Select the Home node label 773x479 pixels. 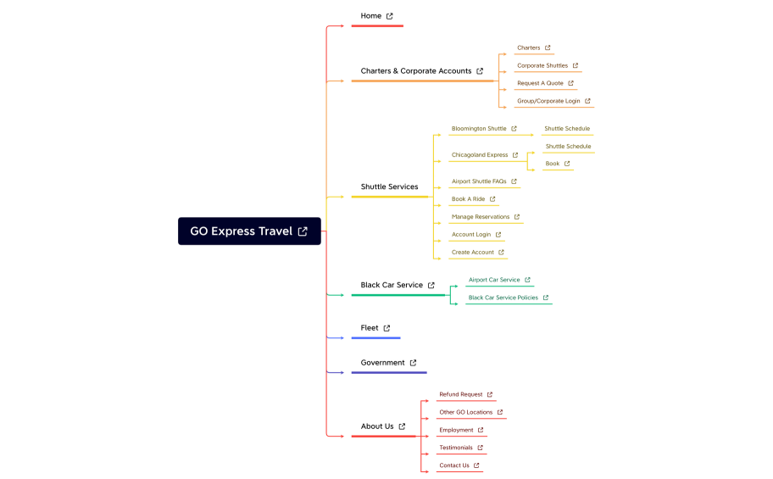tap(371, 16)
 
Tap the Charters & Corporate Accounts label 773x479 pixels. tap(415, 71)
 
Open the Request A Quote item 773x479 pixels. tap(540, 83)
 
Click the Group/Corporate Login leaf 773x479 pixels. tap(548, 101)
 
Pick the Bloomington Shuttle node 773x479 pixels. tap(479, 129)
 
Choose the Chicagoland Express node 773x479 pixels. tap(480, 155)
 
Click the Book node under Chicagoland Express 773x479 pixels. tap(553, 164)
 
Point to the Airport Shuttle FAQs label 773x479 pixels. tap(479, 181)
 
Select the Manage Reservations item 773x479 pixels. tap(481, 217)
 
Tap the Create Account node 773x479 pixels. tap(473, 253)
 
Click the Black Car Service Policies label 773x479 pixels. tap(503, 298)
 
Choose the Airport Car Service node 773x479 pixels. tap(494, 280)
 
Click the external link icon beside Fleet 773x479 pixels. tap(387, 328)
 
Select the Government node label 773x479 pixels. tap(383, 363)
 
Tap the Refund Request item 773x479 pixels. tap(461, 394)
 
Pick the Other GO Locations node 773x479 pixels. tap(465, 412)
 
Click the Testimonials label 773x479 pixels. tap(456, 448)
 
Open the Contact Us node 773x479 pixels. tap(454, 465)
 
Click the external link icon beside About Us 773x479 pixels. tap(403, 426)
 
